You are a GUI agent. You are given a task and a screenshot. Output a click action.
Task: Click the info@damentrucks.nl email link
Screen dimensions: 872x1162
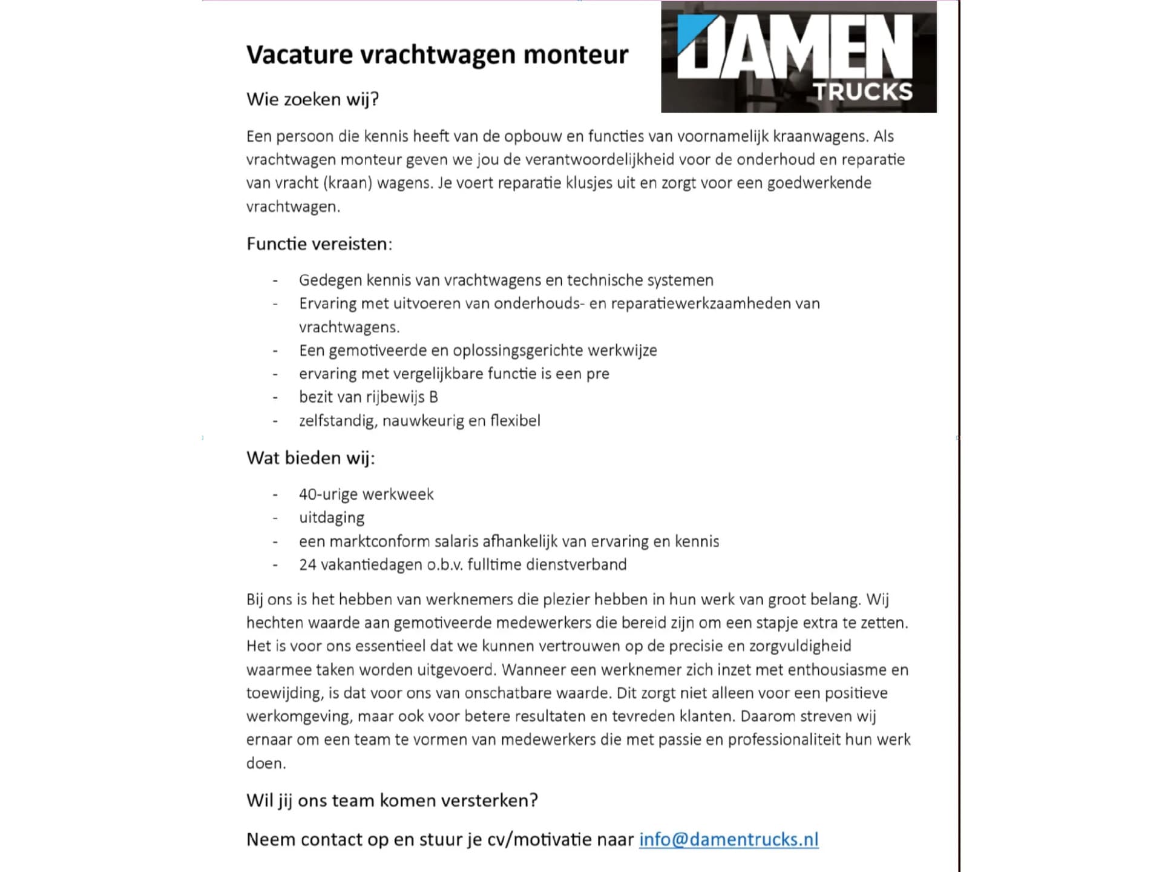[x=729, y=839]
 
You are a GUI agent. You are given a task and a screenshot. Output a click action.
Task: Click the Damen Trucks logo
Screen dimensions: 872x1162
[x=798, y=57]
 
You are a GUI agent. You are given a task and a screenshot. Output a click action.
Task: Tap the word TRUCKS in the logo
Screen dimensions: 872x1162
[x=862, y=92]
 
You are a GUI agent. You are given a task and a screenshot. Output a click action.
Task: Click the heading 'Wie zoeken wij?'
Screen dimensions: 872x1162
[x=312, y=99]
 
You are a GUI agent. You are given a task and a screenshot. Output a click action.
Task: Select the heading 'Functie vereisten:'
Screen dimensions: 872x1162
[x=319, y=244]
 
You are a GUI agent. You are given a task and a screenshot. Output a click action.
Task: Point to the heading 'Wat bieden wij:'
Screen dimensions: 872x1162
[x=310, y=458]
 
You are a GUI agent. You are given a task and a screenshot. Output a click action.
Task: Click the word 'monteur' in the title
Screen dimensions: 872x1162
[x=576, y=54]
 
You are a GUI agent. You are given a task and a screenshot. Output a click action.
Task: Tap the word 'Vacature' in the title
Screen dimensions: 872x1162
[x=300, y=54]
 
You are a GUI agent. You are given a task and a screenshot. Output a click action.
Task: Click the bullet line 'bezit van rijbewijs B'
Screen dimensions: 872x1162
[x=368, y=397]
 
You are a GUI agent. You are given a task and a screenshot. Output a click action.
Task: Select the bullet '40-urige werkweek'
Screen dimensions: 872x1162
[x=366, y=495]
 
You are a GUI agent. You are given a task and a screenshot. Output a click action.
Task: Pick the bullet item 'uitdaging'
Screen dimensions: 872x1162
[x=332, y=518]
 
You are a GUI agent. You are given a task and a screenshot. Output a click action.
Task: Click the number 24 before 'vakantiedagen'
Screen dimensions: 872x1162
[x=307, y=565]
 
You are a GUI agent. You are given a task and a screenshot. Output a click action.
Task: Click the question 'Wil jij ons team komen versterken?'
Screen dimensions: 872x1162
[x=392, y=801]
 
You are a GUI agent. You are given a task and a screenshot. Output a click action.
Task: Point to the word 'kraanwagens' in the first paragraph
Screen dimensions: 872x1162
[x=819, y=136]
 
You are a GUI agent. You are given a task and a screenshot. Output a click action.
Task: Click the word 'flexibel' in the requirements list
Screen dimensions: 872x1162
[x=515, y=421]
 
